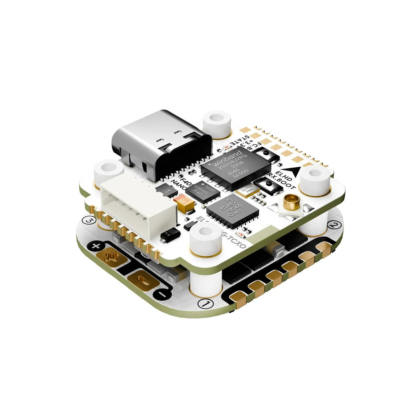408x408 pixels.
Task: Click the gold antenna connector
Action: coord(291,201)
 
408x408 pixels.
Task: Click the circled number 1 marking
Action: coord(206,304)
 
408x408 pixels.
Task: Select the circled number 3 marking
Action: coord(89,221)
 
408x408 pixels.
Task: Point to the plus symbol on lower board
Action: coord(96,246)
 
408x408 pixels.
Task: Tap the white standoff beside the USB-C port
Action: coord(217,122)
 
